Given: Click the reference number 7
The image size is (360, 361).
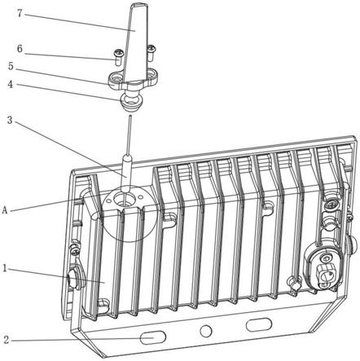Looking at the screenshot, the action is pos(20,13).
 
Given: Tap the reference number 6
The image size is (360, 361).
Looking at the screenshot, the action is pos(20,49).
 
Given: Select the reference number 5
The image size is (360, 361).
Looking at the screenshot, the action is pos(11,66).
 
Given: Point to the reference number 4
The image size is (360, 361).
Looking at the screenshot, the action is pos(11,84).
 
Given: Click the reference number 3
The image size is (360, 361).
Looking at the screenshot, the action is pos(10,120).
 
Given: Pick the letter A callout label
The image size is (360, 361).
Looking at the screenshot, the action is pos(5,210).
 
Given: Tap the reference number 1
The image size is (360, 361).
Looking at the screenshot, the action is pos(5,268).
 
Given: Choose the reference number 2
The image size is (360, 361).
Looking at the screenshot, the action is pos(7,340).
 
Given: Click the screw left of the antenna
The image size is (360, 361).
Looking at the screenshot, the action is pos(118,57).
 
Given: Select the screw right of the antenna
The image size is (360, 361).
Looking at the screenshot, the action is pos(151,53).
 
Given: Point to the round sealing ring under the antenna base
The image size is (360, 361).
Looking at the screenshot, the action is pos(131,102).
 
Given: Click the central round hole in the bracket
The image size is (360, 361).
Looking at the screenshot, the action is pos(206,331).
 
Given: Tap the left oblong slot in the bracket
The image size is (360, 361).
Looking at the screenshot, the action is pos(153,337).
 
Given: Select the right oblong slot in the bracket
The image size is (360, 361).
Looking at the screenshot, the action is pos(259,325).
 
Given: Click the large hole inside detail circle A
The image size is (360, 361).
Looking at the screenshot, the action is pos(124,200).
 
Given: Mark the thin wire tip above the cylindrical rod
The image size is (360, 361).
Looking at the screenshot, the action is pos(130,117).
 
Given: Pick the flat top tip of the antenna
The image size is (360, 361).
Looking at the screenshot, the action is pos(139,5).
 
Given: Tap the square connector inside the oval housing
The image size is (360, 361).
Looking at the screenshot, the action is pos(323,275).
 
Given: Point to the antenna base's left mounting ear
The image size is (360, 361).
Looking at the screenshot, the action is pos(116,79).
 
